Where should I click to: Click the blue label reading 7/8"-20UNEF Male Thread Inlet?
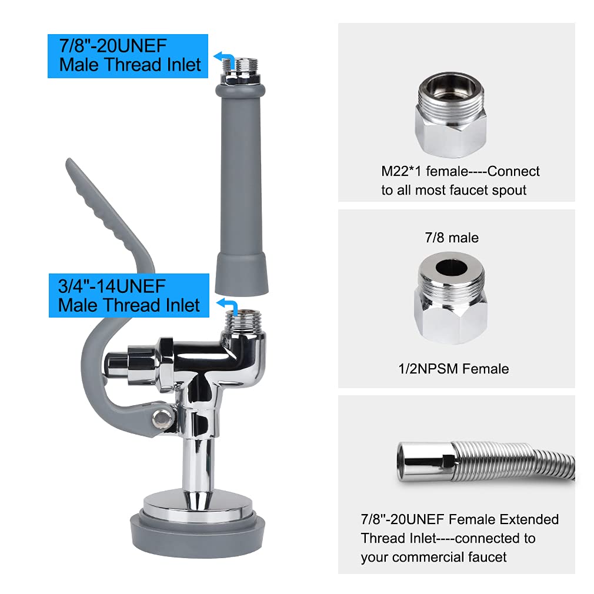coord(128,56)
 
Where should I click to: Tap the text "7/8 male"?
coord(451,238)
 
